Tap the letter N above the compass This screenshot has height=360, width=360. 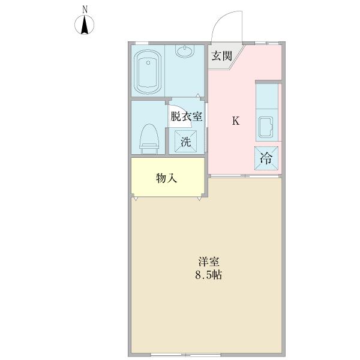[x=86, y=9]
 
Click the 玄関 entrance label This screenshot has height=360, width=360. [x=221, y=57]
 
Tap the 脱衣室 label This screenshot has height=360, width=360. [x=186, y=117]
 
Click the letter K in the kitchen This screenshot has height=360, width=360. [x=236, y=121]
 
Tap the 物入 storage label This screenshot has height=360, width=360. [x=166, y=178]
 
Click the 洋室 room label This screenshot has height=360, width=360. [x=209, y=262]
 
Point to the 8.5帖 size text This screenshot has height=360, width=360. [x=209, y=276]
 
